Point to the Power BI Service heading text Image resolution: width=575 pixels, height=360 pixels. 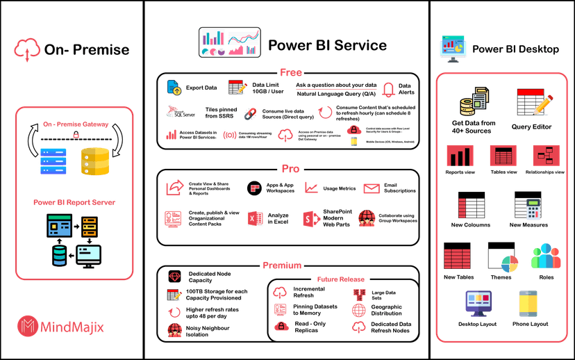click(327, 46)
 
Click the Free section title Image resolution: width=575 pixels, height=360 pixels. click(290, 72)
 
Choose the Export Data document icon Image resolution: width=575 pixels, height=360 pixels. click(174, 88)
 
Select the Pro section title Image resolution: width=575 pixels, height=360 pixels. click(290, 169)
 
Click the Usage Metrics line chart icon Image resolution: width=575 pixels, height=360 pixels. click(311, 188)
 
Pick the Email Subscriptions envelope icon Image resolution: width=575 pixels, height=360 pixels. click(372, 188)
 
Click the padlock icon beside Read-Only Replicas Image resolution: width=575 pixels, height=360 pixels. click(281, 325)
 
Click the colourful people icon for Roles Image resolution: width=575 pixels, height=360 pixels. click(545, 256)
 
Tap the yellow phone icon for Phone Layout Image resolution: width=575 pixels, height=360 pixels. click(528, 304)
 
